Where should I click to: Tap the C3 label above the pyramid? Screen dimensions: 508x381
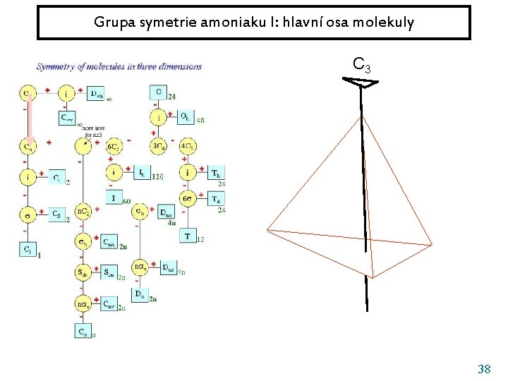tap(361, 66)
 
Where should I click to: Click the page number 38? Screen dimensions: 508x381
tap(484, 369)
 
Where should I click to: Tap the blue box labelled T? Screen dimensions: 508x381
tap(187, 236)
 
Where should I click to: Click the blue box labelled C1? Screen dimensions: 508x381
tap(27, 248)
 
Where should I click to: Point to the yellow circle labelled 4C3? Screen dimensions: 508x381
tap(188, 147)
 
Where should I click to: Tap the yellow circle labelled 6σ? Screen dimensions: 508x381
tap(188, 198)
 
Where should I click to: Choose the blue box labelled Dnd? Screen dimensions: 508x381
tap(168, 267)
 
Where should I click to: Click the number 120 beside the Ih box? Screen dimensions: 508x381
tap(158, 176)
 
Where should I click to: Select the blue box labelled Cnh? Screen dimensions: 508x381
tap(109, 242)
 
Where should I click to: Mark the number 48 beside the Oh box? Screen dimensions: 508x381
tap(200, 120)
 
